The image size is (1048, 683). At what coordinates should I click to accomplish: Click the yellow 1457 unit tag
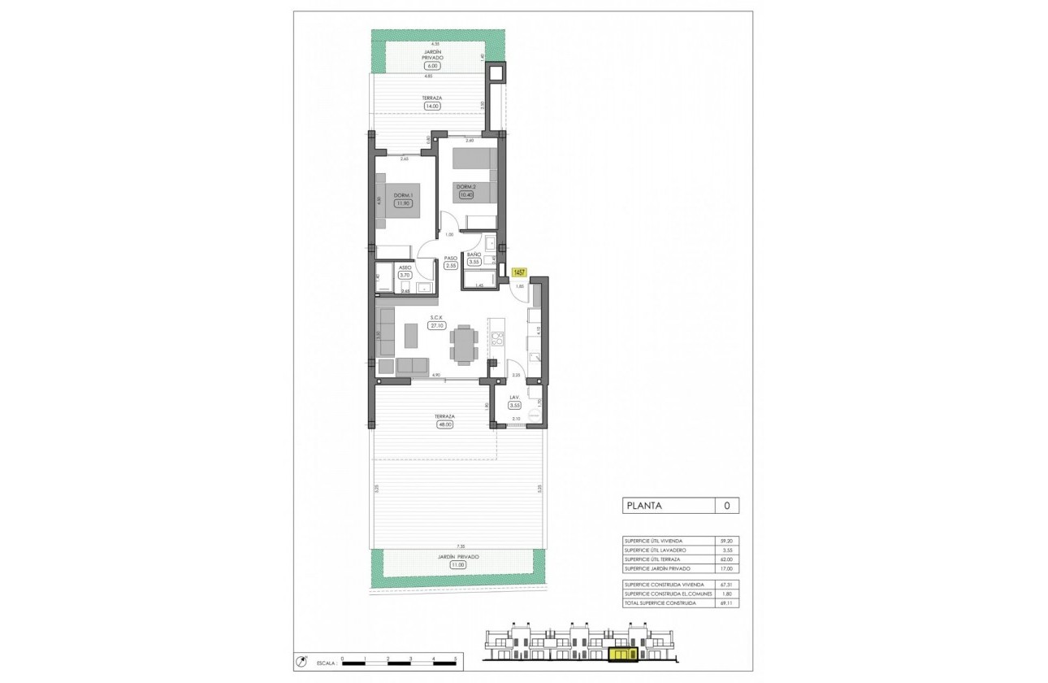[519, 272]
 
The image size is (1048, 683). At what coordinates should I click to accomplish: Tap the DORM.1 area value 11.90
[403, 203]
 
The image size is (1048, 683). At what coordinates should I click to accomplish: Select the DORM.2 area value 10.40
[465, 194]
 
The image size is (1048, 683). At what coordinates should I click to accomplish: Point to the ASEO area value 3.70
[405, 276]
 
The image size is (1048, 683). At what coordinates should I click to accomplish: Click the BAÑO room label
[474, 254]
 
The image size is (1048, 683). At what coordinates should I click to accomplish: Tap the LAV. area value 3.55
[514, 405]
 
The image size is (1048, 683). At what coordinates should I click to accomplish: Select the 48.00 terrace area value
[444, 424]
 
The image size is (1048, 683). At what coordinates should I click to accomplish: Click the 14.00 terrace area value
[431, 106]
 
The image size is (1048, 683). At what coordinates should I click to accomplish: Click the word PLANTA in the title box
[644, 506]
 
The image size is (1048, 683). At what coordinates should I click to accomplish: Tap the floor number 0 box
[726, 506]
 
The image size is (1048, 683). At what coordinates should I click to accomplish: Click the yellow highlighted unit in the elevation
[621, 655]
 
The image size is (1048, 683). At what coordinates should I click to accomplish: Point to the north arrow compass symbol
[302, 660]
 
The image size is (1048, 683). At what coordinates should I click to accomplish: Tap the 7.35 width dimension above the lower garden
[461, 547]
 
